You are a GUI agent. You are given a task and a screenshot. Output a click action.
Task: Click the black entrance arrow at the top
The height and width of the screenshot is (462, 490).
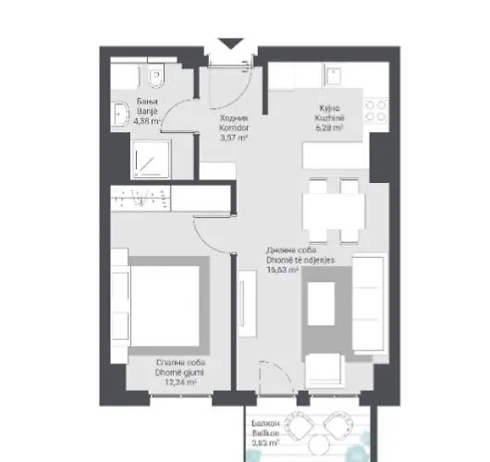(231, 43)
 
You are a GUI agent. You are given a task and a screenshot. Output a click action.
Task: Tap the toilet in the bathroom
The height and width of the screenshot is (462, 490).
(156, 70)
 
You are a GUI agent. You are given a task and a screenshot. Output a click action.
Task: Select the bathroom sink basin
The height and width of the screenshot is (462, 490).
(119, 113)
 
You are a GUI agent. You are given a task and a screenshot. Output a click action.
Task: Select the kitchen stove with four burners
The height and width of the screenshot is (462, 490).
(377, 112)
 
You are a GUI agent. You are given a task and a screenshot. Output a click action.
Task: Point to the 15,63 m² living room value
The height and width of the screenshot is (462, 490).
(282, 271)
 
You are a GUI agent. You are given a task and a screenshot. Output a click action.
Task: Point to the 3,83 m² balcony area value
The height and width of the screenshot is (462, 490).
(265, 442)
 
